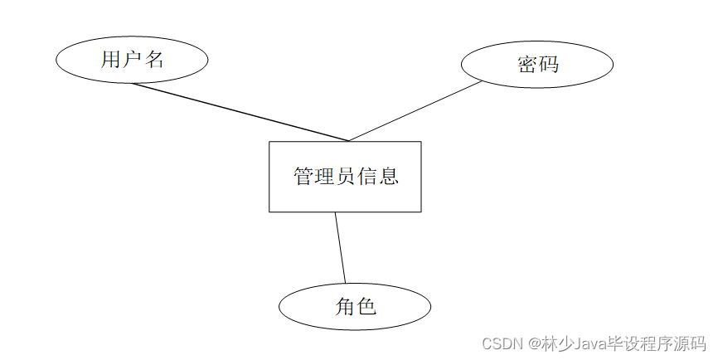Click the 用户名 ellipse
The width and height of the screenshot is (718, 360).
pyautogui.click(x=132, y=60)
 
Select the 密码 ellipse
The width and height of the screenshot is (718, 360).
pyautogui.click(x=536, y=64)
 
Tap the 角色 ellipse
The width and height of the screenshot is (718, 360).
pyautogui.click(x=355, y=307)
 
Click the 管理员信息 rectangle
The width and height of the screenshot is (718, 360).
pyautogui.click(x=345, y=176)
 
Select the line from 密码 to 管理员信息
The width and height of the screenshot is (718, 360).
pyautogui.click(x=415, y=111)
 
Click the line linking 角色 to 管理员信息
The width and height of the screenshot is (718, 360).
pyautogui.click(x=340, y=248)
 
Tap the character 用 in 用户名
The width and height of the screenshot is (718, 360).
pyautogui.click(x=111, y=60)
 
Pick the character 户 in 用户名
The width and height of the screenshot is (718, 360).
pyautogui.click(x=133, y=60)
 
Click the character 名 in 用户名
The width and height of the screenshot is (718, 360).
pyautogui.click(x=154, y=60)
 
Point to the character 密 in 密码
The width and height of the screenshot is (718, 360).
pyautogui.click(x=527, y=64)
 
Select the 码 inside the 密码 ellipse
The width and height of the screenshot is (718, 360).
pyautogui.click(x=548, y=64)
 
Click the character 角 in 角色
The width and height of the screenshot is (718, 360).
pyautogui.click(x=345, y=307)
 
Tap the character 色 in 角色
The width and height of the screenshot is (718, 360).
pyautogui.click(x=366, y=307)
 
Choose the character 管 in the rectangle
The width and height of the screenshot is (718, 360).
pyautogui.click(x=303, y=176)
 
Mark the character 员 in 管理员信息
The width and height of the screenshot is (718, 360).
pyautogui.click(x=346, y=176)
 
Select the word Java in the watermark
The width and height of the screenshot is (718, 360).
pyautogui.click(x=584, y=343)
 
